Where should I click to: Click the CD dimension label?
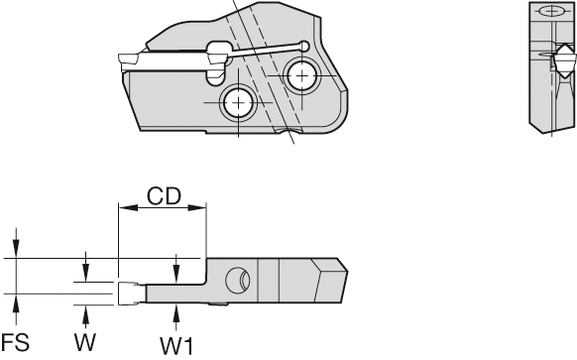[x=165, y=196]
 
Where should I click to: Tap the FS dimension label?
[x=15, y=342]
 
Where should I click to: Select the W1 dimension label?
[x=176, y=346]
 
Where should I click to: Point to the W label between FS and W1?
[x=85, y=342]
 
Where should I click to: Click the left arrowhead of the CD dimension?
[x=127, y=208]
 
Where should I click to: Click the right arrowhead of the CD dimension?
[x=197, y=208]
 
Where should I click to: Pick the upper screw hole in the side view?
[x=301, y=76]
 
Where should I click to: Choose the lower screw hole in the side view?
[x=239, y=102]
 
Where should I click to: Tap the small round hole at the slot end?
[x=304, y=46]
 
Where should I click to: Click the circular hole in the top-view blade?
[x=238, y=281]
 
